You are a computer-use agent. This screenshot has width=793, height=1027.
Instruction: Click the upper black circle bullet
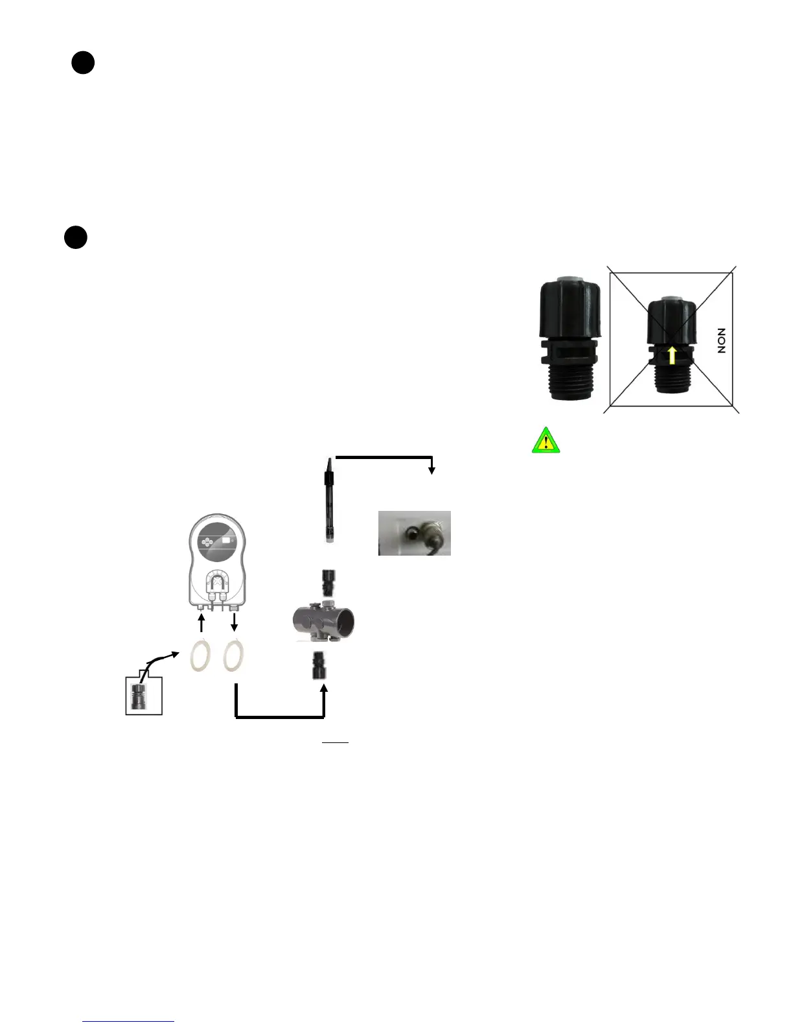tap(83, 63)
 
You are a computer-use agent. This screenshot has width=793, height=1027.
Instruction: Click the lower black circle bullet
tap(76, 237)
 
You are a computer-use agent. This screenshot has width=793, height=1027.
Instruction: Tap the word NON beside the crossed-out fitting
tap(721, 340)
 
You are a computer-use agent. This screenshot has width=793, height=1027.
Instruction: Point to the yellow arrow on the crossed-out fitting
tap(672, 355)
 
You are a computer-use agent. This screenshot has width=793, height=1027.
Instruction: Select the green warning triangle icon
tap(546, 440)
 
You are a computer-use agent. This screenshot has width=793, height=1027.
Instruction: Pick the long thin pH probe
tap(329, 499)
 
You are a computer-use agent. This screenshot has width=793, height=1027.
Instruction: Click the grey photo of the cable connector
tap(415, 533)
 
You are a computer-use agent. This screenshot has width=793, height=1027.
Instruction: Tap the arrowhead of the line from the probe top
tap(432, 471)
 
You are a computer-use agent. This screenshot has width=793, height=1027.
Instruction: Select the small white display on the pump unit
tap(226, 539)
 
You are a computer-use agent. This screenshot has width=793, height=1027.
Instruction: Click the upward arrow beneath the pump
tap(201, 622)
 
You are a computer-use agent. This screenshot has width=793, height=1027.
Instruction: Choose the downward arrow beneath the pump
tap(235, 622)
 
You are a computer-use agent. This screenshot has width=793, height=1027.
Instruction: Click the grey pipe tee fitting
tap(324, 620)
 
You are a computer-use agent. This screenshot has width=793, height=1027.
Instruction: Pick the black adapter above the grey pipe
tap(328, 583)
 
